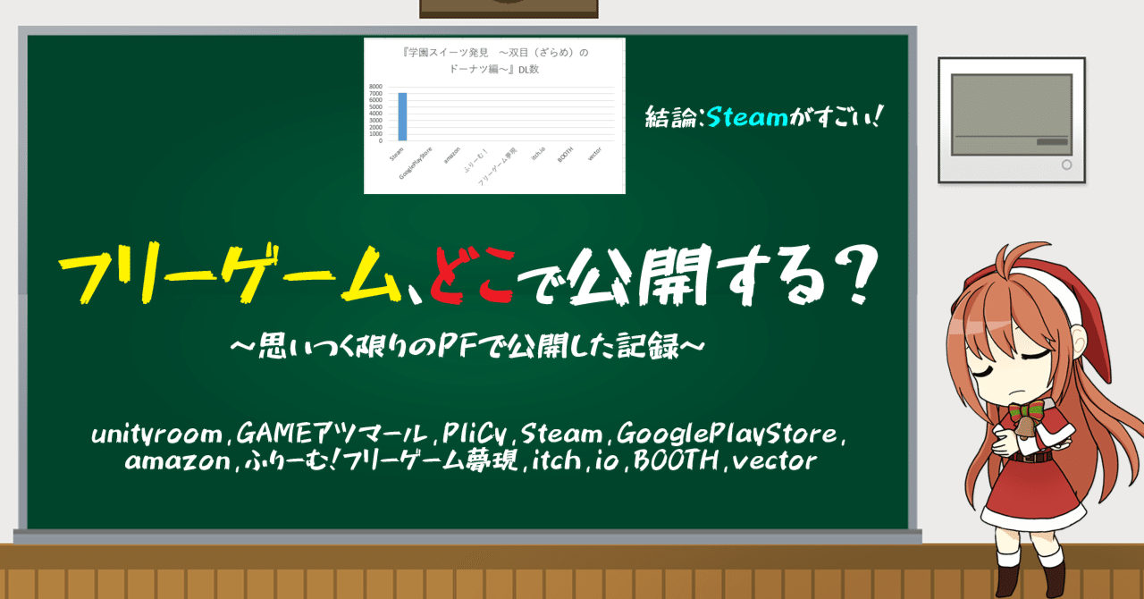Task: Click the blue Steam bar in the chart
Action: [x=402, y=117]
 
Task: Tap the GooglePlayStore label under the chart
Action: [x=417, y=162]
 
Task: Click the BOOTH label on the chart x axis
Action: [x=565, y=155]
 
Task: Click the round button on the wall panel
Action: [x=1065, y=165]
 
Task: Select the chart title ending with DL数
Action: [x=494, y=61]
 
